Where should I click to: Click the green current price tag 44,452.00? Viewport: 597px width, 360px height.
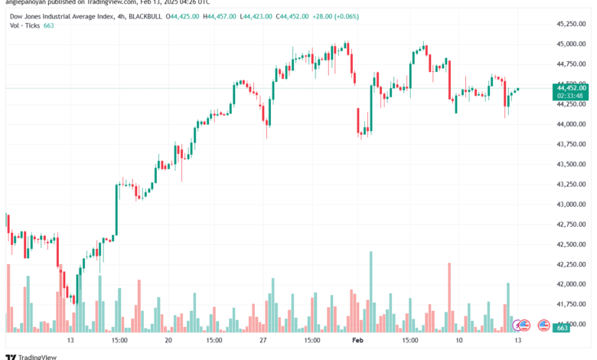point(573,87)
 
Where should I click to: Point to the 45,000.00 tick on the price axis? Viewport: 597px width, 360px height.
point(573,44)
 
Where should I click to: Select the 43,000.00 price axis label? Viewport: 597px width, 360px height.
point(573,205)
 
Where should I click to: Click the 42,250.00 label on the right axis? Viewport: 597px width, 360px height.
point(573,264)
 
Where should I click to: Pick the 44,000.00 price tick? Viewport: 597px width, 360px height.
point(573,124)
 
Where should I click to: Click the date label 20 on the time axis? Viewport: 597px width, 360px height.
point(168,339)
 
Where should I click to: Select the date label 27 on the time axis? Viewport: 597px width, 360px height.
point(263,339)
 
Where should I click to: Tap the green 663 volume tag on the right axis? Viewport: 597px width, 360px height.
point(562,327)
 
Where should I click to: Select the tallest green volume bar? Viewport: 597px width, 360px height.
point(370,292)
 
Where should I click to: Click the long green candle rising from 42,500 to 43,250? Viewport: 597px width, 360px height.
point(116,211)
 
